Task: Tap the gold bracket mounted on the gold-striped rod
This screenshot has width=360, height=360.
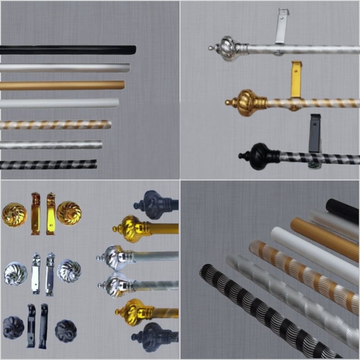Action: tap(296, 80)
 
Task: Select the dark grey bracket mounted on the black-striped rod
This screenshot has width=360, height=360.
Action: tap(315, 133)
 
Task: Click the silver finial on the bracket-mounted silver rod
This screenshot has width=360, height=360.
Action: tap(228, 47)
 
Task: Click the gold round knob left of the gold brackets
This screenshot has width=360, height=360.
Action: tap(14, 215)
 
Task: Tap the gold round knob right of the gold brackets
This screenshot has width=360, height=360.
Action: tap(68, 213)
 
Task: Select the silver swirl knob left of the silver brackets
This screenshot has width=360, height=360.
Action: tap(15, 273)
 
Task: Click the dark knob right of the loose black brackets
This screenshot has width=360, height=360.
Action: tap(66, 331)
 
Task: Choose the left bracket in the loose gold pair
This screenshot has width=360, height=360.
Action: tap(36, 213)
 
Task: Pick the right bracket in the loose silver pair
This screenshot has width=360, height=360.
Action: tap(50, 273)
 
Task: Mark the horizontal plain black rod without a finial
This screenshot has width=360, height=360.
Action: tap(67, 49)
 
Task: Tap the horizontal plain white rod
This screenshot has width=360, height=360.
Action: tap(58, 103)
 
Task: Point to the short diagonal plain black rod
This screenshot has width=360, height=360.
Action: tap(342, 210)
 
